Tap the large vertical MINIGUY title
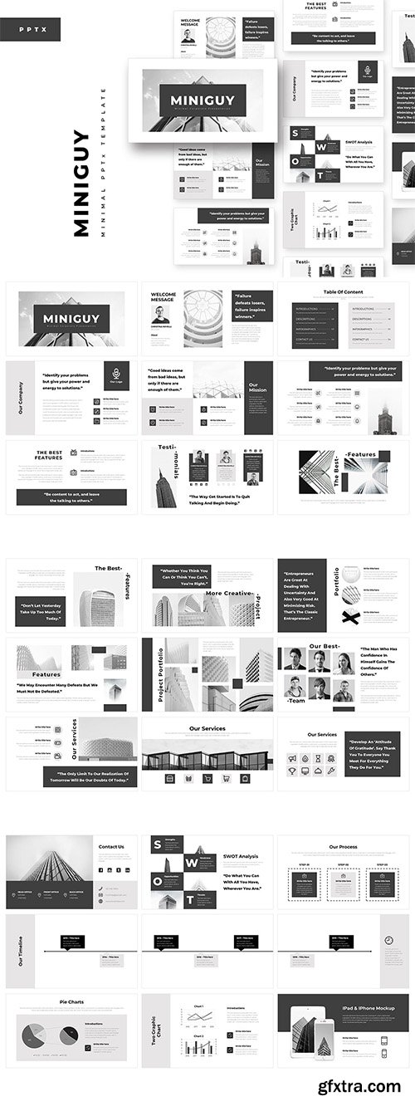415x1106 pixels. click(81, 184)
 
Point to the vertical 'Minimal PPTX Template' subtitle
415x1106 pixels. click(103, 163)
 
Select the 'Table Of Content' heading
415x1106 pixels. click(342, 292)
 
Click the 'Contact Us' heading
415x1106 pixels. click(111, 847)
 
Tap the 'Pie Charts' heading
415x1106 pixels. click(71, 1002)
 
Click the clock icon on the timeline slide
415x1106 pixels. click(388, 940)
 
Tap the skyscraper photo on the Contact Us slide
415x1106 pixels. click(50, 859)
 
